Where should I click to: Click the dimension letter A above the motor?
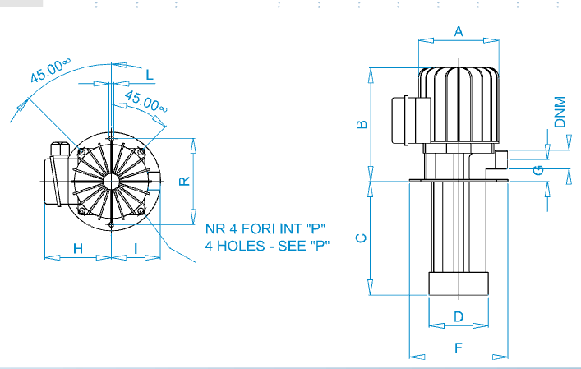pos(459,31)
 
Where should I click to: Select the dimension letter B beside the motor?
pos(362,124)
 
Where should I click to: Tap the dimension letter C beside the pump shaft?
pos(361,238)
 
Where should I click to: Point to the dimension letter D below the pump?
pos(459,316)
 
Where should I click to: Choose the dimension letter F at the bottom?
pos(459,348)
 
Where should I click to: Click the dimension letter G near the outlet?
pos(538,170)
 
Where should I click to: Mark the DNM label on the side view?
pos(560,112)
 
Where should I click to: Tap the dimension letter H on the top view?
pos(78,248)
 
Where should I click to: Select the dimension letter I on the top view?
pos(136,248)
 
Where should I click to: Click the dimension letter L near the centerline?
pos(150,76)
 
